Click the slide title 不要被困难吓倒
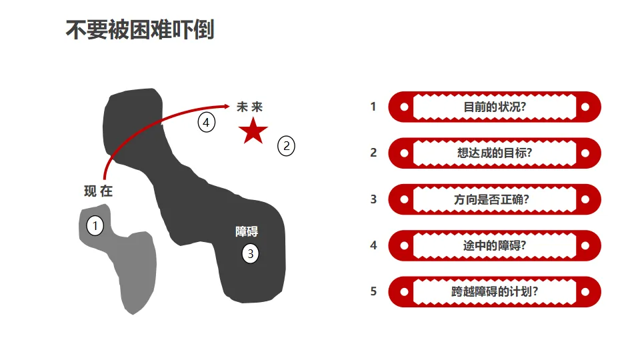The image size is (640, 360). [x=140, y=30]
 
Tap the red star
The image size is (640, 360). [x=253, y=131]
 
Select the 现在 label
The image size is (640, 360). [x=99, y=191]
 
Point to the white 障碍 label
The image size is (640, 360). [x=247, y=232]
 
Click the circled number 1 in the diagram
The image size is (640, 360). [x=95, y=227]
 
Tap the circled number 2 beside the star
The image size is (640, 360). [x=286, y=146]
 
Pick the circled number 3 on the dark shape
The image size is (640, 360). [x=250, y=253]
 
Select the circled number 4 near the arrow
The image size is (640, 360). [x=207, y=123]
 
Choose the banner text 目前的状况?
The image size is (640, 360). [x=495, y=107]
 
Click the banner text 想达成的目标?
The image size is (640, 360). [x=495, y=153]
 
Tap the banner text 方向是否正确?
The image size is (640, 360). [x=495, y=199]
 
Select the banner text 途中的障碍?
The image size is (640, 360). [x=495, y=245]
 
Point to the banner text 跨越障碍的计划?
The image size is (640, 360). [x=495, y=292]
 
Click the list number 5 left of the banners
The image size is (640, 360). [x=373, y=291]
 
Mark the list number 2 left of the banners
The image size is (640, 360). [x=373, y=153]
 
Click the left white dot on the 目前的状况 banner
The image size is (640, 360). [x=404, y=107]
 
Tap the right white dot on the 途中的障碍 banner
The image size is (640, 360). [x=585, y=245]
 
